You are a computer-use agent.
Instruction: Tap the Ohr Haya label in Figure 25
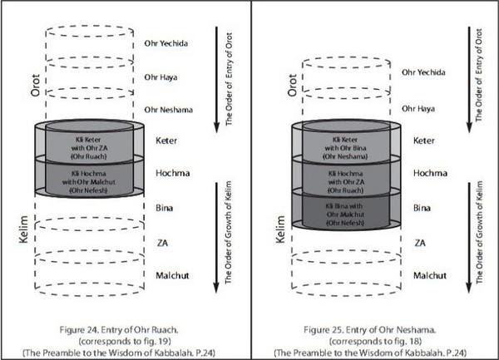pos(419,109)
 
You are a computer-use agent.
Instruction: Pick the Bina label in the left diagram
pos(164,205)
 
